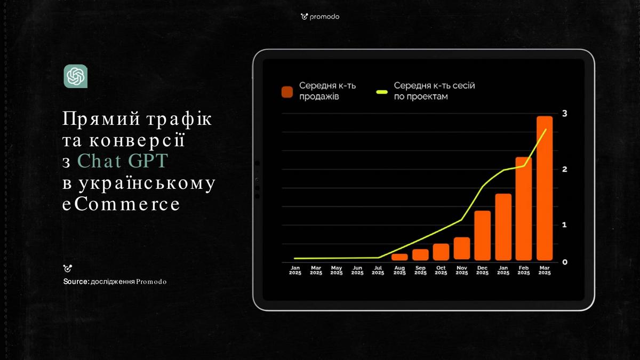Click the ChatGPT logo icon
(75, 76)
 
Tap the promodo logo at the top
(320, 17)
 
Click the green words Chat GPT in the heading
(123, 161)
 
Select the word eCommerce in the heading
(121, 204)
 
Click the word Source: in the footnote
(76, 282)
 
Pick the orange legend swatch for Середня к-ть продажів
(287, 92)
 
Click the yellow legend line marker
(382, 92)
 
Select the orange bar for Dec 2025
(482, 236)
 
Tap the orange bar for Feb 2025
(524, 209)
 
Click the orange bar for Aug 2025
(399, 257)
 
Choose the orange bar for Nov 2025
(462, 249)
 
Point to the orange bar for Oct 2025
(441, 252)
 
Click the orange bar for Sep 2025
(420, 255)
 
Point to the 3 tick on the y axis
(565, 114)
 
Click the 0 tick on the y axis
(565, 262)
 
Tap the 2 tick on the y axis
(565, 170)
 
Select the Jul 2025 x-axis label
(378, 270)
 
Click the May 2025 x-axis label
(337, 270)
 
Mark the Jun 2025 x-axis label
(357, 270)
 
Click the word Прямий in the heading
(101, 118)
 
